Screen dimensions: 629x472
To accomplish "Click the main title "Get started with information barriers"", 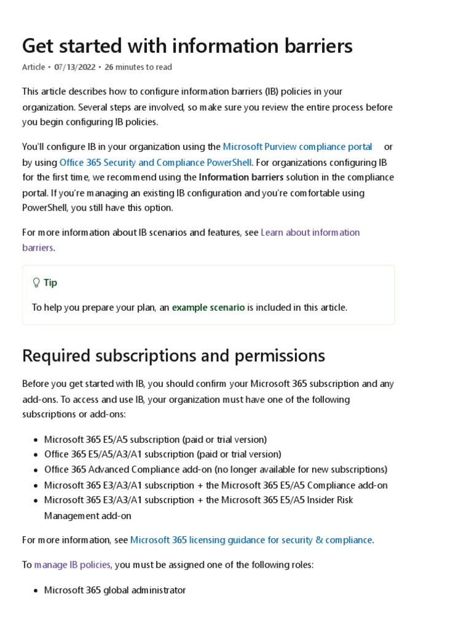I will point(187,45).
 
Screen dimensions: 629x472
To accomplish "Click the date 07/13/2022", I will point(75,67).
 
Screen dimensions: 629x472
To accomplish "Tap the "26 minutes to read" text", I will point(138,67).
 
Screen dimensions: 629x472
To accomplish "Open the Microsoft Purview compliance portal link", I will point(297,147).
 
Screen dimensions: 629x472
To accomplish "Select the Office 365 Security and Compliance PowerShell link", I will point(155,162).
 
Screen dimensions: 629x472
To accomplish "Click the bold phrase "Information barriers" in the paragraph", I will point(242,178).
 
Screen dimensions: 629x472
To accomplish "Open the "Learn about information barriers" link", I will point(310,232).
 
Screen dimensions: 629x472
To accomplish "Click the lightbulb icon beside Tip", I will point(36,283).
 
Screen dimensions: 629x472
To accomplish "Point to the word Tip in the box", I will point(50,283).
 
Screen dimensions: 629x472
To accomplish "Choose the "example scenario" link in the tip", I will point(208,307).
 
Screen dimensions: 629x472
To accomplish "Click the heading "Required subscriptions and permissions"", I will point(173,356).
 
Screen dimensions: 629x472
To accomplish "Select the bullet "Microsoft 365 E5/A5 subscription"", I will point(155,439).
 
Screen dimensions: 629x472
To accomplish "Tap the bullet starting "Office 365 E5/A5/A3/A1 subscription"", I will point(163,455).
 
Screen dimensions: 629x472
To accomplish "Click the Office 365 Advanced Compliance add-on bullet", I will point(216,470).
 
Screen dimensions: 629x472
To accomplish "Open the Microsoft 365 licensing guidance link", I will point(251,540).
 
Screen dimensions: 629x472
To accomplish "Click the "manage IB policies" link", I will point(73,564).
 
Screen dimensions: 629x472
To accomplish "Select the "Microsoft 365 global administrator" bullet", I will point(115,590).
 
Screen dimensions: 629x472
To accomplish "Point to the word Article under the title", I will point(34,67).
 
